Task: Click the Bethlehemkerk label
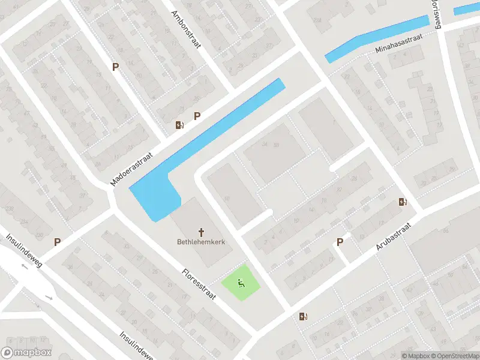[201, 242]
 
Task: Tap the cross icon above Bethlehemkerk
[201, 231]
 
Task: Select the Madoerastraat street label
[132, 168]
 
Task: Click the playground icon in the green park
[242, 284]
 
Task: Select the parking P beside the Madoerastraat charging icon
[196, 116]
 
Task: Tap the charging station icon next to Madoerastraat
[179, 125]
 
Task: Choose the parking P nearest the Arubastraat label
[340, 242]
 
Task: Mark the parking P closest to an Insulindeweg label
[57, 242]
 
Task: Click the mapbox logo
[26, 353]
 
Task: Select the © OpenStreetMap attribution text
[452, 356]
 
